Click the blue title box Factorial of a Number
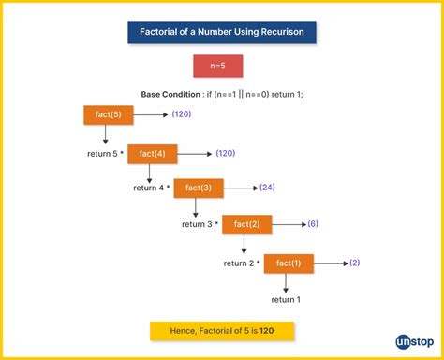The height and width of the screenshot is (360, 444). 222,33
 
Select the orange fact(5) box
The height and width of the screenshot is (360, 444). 109,114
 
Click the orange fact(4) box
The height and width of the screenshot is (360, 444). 153,151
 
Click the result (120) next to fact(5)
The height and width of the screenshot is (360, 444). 182,114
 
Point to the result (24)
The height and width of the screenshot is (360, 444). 267,187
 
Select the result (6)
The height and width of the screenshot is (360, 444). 313,224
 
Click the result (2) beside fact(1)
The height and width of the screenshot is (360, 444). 355,262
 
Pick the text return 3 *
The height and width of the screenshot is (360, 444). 199,225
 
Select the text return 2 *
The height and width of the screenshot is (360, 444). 241,263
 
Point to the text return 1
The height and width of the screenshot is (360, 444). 286,299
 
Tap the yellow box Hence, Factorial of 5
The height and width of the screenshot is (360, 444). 222,331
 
